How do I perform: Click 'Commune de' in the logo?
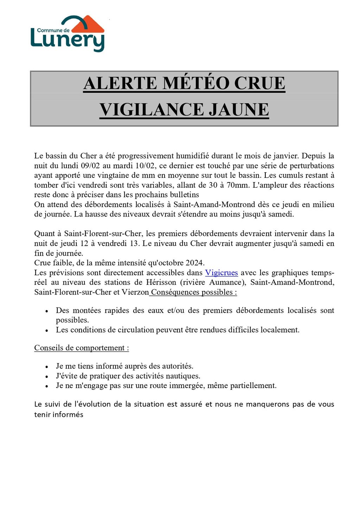(53, 30)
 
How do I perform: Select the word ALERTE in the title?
(120, 84)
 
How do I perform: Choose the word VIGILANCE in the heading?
(151, 110)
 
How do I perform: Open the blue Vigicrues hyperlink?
(221, 273)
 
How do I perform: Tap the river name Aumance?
(226, 282)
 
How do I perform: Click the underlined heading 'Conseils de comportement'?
(82, 348)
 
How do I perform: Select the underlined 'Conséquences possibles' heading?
(193, 292)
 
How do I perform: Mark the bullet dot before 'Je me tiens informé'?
(47, 367)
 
